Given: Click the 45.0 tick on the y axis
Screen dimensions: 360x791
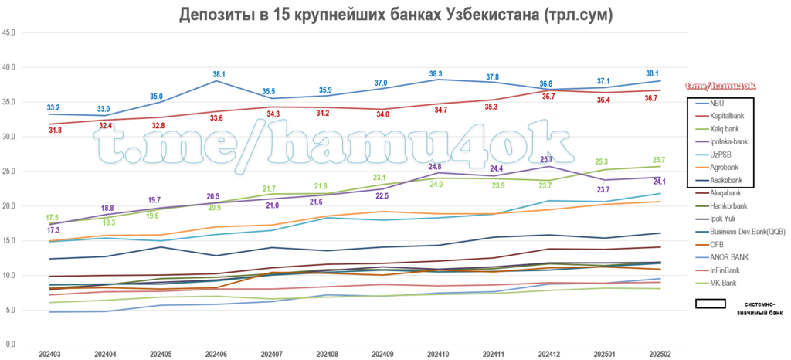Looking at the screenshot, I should pos(11,33).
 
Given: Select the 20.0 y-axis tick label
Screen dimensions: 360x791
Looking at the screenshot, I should pos(11,206).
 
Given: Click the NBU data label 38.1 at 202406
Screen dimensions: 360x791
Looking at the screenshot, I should pos(219,74).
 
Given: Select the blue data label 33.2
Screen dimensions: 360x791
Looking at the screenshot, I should pos(53,107).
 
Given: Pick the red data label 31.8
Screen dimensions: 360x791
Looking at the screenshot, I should pos(55,131).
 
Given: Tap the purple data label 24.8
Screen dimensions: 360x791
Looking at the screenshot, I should pos(434,166).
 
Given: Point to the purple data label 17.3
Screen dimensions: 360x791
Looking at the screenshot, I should pos(53,230).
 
